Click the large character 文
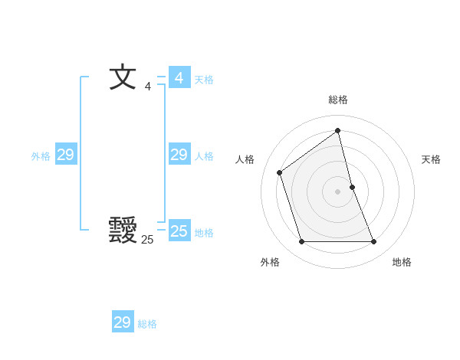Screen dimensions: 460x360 pos(123,77)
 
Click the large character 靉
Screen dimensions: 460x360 pos(123,231)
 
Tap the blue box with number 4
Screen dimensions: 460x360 pos(179,78)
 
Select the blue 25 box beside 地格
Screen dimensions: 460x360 pos(179,231)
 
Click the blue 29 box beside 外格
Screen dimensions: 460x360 pos(65,155)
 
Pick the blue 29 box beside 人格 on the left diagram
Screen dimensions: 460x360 pos(179,155)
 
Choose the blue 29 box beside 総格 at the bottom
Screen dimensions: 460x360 pos(123,322)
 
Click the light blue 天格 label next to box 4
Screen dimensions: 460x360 pos(204,80)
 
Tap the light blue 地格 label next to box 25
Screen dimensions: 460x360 pos(204,233)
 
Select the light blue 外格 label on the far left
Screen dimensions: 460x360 pos(41,156)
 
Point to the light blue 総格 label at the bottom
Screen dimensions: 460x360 pos(147,324)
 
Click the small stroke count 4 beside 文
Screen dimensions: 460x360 pos(148,86)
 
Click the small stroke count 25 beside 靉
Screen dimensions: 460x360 pos(147,239)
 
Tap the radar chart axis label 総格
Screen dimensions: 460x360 pos(338,100)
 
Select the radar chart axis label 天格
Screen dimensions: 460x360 pos(431,159)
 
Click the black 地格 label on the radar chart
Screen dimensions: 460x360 pos(402,262)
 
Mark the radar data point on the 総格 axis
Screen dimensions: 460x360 pos(338,131)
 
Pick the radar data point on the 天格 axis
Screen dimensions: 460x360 pos(352,186)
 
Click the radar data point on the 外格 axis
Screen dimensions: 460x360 pos(301,242)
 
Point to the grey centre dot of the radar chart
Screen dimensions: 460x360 pos(338,191)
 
